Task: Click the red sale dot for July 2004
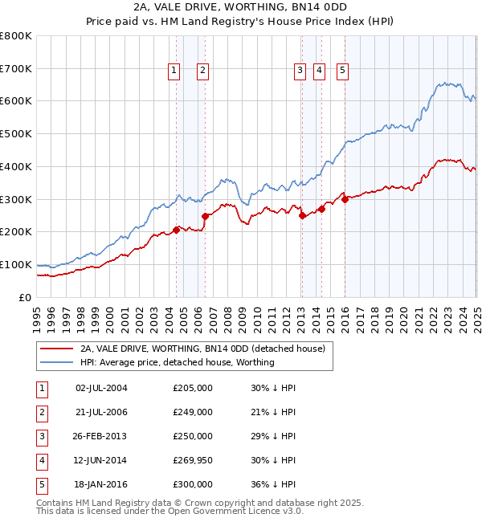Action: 176,230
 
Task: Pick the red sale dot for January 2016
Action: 345,199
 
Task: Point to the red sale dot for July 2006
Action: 205,215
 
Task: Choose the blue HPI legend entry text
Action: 178,362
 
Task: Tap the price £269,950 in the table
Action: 193,460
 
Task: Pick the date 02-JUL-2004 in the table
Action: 100,388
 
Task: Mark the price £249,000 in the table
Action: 193,412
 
